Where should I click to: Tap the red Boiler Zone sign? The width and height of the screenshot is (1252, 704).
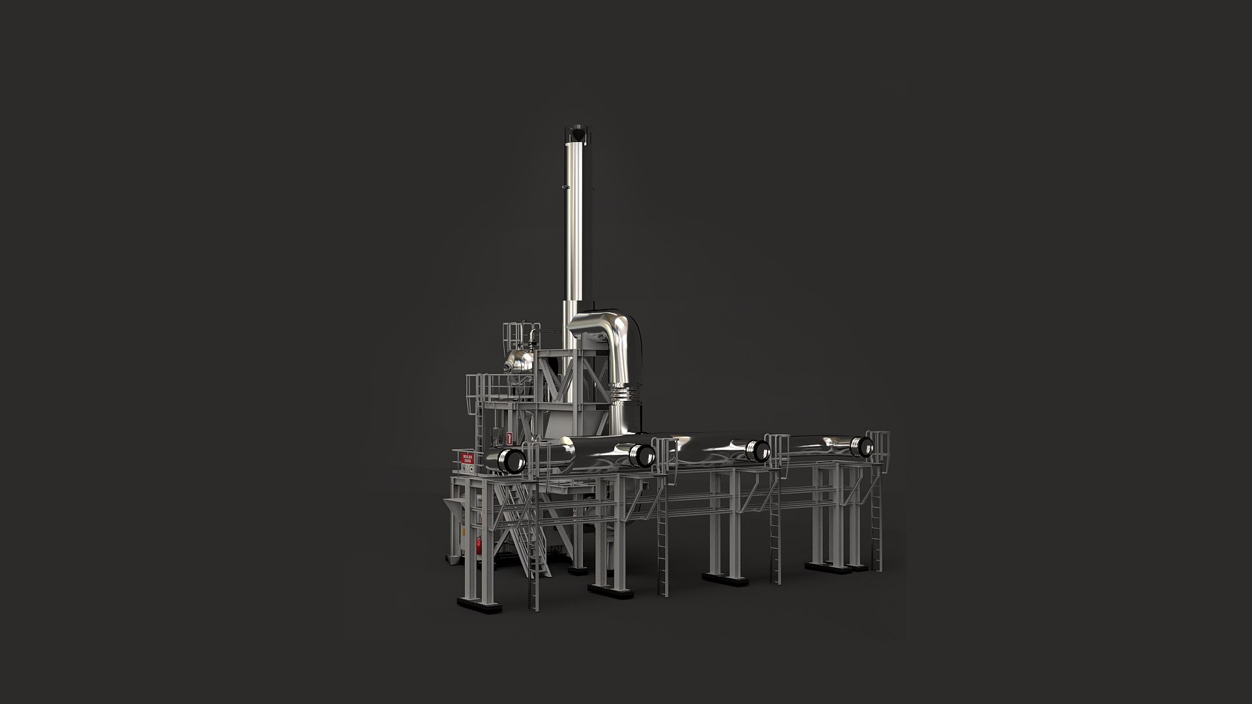coord(466,458)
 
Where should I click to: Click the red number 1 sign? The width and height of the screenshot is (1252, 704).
coord(509,438)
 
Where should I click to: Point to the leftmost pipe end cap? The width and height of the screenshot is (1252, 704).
coord(512,461)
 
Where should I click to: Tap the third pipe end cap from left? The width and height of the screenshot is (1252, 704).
coord(758,449)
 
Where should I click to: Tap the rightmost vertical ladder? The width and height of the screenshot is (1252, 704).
coord(876,528)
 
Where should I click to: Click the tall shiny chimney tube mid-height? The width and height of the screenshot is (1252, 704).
coord(571,228)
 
